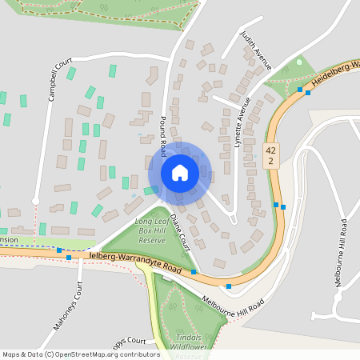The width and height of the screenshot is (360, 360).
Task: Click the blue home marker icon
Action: coord(179,173)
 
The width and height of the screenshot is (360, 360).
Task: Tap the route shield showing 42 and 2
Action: coord(271,155)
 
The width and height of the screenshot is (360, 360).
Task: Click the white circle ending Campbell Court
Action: coord(35,200)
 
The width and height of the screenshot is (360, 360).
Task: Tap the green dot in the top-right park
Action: coord(299,62)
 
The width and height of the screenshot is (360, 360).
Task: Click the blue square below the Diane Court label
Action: coord(194,272)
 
